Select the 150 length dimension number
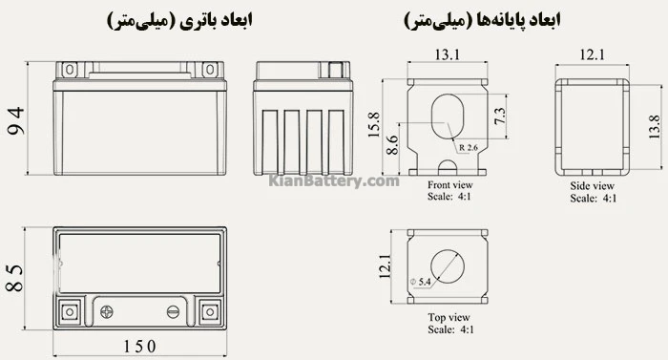click(139, 346)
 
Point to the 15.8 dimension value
click(374, 124)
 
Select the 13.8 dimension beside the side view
click(654, 124)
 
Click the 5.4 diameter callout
click(421, 282)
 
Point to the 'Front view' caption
click(449, 186)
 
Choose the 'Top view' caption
click(448, 317)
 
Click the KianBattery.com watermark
click(333, 180)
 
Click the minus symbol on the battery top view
click(174, 309)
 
